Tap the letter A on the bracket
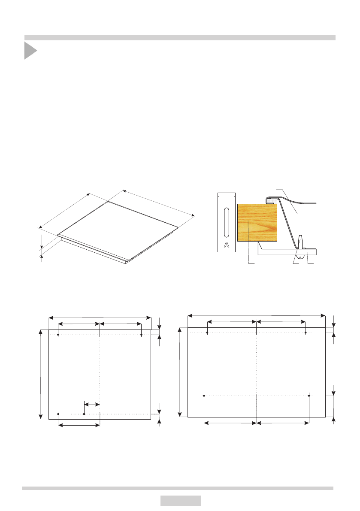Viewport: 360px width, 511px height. (x=227, y=245)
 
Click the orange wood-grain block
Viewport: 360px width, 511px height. (x=257, y=223)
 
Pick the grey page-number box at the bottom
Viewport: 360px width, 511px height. (x=181, y=501)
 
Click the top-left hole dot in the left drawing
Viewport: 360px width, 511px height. (x=58, y=335)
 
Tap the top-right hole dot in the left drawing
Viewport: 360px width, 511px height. (x=142, y=335)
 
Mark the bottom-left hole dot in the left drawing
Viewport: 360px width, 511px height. (x=58, y=414)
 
